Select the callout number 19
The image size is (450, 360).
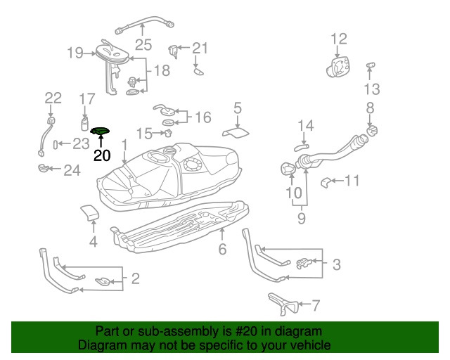coord(75,52)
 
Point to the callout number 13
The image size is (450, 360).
coord(371,89)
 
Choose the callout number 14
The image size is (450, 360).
coord(304,126)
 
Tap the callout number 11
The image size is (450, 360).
coord(352,181)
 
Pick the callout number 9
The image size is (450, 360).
coord(302,218)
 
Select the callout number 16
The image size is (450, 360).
coord(202,117)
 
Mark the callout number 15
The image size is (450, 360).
coord(144,133)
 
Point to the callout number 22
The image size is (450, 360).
coord(53,98)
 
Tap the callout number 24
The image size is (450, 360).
coord(72,169)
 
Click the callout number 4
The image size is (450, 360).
coord(93,243)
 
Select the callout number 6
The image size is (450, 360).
coord(222,249)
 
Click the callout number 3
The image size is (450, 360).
coord(336,264)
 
